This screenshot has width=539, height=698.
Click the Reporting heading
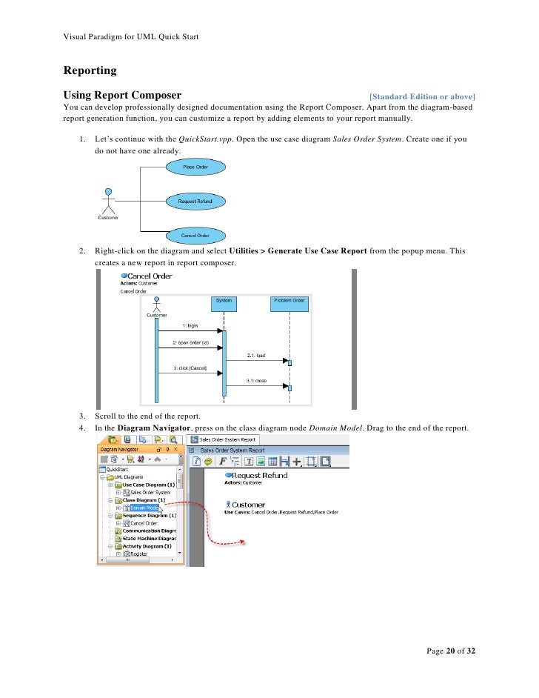(90, 71)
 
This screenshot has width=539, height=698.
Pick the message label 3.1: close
(255, 382)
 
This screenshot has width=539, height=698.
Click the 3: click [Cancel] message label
(190, 368)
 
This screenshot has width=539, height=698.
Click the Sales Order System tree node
(150, 492)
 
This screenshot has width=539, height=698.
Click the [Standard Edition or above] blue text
(422, 96)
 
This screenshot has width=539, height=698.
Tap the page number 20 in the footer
(450, 651)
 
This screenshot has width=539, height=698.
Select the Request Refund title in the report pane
(260, 475)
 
